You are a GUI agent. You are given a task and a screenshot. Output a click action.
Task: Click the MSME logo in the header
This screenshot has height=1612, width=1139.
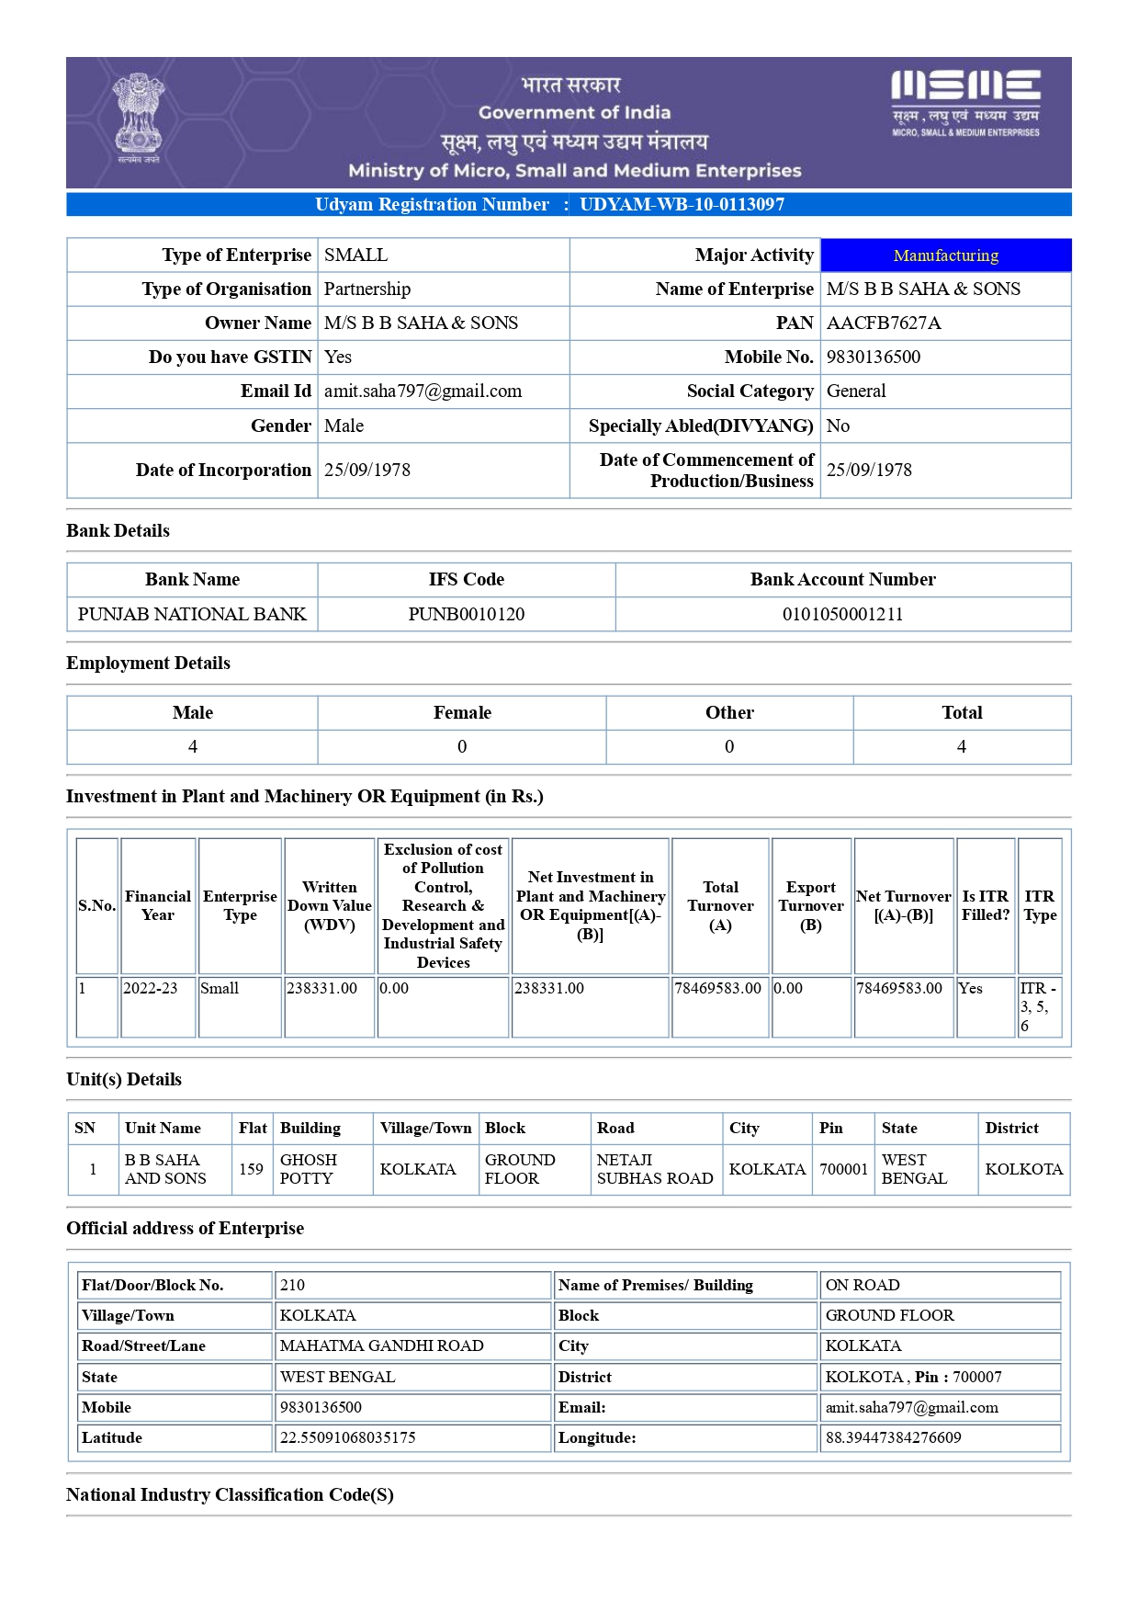(965, 102)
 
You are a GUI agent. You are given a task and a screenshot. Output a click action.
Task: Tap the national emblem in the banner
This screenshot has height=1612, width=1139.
(139, 117)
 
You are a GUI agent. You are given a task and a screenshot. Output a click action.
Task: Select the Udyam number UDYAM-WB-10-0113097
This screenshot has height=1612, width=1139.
(682, 204)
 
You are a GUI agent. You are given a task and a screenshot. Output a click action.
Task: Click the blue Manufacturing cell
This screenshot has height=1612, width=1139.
(945, 255)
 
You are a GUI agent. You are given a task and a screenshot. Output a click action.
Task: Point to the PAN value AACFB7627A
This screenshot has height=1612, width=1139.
(884, 323)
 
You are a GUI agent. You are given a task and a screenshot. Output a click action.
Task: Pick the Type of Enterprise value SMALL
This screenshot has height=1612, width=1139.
(355, 255)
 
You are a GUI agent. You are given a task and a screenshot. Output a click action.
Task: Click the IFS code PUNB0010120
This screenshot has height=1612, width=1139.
(467, 614)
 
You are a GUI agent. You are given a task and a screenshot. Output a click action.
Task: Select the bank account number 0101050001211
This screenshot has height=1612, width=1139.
(842, 614)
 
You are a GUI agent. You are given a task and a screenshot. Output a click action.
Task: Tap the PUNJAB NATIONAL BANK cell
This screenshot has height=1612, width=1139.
(192, 614)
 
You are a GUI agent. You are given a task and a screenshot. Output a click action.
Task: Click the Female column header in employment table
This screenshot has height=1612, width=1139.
(462, 712)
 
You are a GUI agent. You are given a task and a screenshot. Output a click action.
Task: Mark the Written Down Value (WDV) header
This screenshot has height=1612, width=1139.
(330, 905)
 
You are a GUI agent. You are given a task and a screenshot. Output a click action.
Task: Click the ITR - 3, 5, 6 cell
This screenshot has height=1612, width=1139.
(1038, 1006)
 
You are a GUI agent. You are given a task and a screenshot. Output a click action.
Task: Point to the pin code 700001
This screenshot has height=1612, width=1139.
(843, 1169)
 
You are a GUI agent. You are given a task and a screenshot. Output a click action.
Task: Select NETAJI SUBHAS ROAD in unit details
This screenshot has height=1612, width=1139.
(655, 1169)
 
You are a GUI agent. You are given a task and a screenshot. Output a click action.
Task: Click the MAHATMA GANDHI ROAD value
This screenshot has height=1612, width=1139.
(381, 1345)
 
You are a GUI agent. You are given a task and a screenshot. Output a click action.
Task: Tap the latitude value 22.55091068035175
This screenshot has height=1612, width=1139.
(347, 1437)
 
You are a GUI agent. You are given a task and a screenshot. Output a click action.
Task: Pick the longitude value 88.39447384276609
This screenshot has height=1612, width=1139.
(893, 1437)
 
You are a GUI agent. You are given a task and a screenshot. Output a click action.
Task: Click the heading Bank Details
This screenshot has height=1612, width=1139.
(118, 530)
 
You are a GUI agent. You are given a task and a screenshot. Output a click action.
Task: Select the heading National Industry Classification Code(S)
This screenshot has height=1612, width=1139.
(230, 1494)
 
